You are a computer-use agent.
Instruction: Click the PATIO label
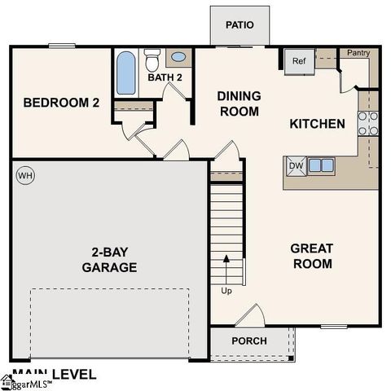coord(239,24)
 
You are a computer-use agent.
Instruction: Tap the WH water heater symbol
coord(24,175)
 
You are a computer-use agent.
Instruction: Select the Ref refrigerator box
coord(298,61)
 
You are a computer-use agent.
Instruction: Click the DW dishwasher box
coord(295,166)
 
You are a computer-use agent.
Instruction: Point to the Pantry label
coord(358,53)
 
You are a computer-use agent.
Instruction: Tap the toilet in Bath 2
coord(152,60)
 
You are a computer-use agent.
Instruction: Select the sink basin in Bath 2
coord(178,59)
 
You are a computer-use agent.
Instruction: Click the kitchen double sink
coord(320,166)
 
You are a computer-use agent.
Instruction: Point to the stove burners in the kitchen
coord(368,122)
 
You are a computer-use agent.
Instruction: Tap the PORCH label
coord(248,340)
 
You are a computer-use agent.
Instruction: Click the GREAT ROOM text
coord(312,256)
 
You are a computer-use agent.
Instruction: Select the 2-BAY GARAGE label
coord(109,259)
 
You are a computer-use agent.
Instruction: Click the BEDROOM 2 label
coord(60,103)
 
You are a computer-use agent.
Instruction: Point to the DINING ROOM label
coord(238,103)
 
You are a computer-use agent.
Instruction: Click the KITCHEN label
coord(317,124)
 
